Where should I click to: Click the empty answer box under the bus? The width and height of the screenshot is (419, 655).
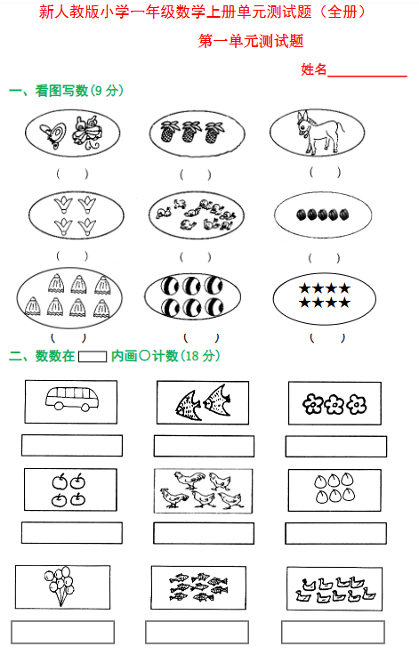click(71, 445)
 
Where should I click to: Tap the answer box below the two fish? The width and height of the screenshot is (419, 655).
click(204, 446)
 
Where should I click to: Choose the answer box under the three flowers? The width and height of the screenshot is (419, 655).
click(336, 446)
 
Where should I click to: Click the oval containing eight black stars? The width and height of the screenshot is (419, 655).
click(325, 296)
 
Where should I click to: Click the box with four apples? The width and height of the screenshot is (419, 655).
click(70, 490)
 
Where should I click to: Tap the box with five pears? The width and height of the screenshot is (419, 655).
click(334, 490)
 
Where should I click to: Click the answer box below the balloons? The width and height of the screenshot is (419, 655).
click(62, 631)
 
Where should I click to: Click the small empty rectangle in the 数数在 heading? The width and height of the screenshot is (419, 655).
click(93, 357)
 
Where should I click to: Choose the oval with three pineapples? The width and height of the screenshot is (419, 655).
click(189, 133)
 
